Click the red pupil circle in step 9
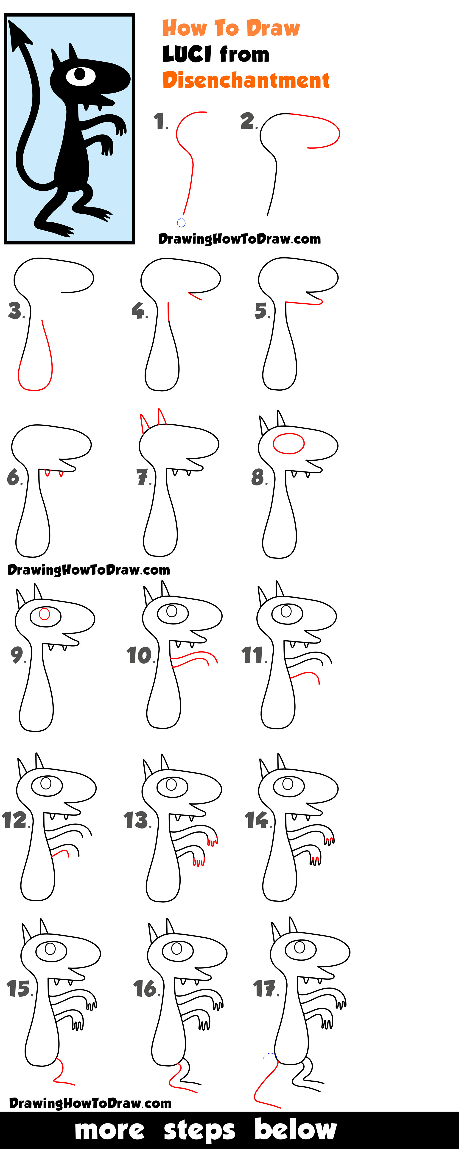tap(44, 614)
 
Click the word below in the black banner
tap(295, 1129)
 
